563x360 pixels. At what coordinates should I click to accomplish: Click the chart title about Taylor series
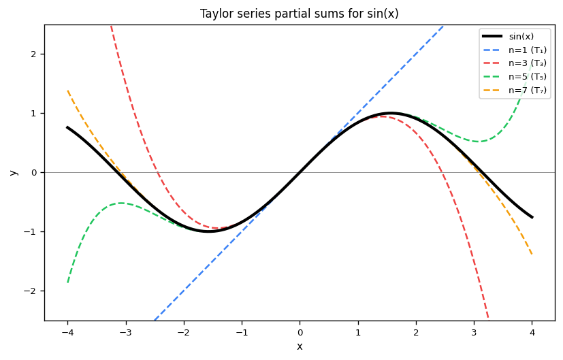pos(300,14)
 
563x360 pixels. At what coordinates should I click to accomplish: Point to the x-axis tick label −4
pos(66,332)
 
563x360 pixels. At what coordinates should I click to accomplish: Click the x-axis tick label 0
pos(300,332)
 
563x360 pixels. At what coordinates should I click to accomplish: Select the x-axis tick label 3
pos(474,332)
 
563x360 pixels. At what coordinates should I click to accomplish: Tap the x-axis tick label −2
pos(182,332)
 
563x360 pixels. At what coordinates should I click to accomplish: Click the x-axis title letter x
pos(300,346)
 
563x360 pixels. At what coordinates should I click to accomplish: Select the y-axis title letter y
pos(13,172)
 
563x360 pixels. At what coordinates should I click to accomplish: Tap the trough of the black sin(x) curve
pos(208,231)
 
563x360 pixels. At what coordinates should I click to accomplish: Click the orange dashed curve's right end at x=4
pos(532,255)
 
